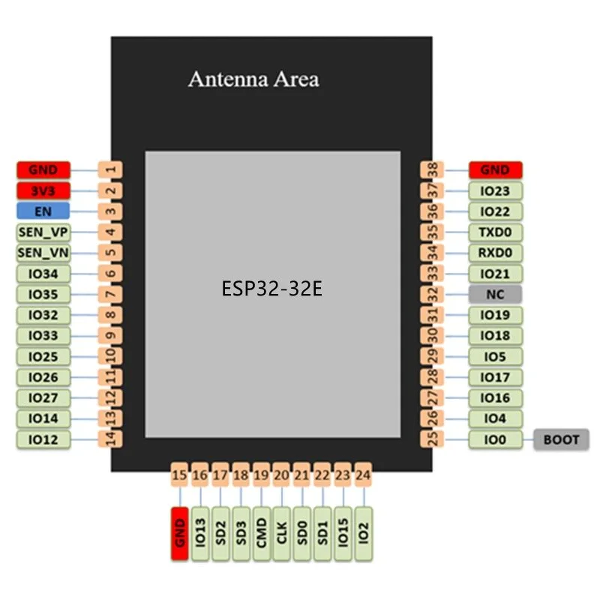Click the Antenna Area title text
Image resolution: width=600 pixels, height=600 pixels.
pyautogui.click(x=253, y=79)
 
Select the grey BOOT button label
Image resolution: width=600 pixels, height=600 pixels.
pyautogui.click(x=561, y=439)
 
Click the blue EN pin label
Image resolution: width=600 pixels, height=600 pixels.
pyautogui.click(x=43, y=211)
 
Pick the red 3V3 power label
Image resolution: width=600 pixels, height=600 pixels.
pyautogui.click(x=43, y=190)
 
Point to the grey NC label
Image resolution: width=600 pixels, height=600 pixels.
pyautogui.click(x=495, y=294)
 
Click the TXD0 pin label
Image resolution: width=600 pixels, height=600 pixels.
pyautogui.click(x=495, y=232)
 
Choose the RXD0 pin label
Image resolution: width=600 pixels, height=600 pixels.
pyautogui.click(x=495, y=253)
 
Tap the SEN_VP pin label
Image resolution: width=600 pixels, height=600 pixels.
pyautogui.click(x=43, y=232)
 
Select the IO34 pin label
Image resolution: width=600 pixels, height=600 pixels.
pyautogui.click(x=43, y=274)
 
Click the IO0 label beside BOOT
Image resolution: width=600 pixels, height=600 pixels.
pyautogui.click(x=495, y=439)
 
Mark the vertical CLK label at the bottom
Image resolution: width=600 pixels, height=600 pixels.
pyautogui.click(x=281, y=533)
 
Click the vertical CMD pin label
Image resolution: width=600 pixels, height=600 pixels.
pyautogui.click(x=261, y=533)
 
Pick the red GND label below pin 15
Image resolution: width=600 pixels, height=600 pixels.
pyautogui.click(x=179, y=533)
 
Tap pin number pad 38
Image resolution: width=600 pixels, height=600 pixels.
pyautogui.click(x=431, y=170)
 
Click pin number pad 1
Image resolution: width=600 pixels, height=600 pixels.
pyautogui.click(x=110, y=170)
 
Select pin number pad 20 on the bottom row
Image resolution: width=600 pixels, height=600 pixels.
pyautogui.click(x=281, y=474)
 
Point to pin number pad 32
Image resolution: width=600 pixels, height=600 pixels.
pyautogui.click(x=431, y=294)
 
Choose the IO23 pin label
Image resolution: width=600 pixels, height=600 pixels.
pyautogui.click(x=495, y=191)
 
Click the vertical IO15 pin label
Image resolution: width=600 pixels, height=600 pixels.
pyautogui.click(x=343, y=533)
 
